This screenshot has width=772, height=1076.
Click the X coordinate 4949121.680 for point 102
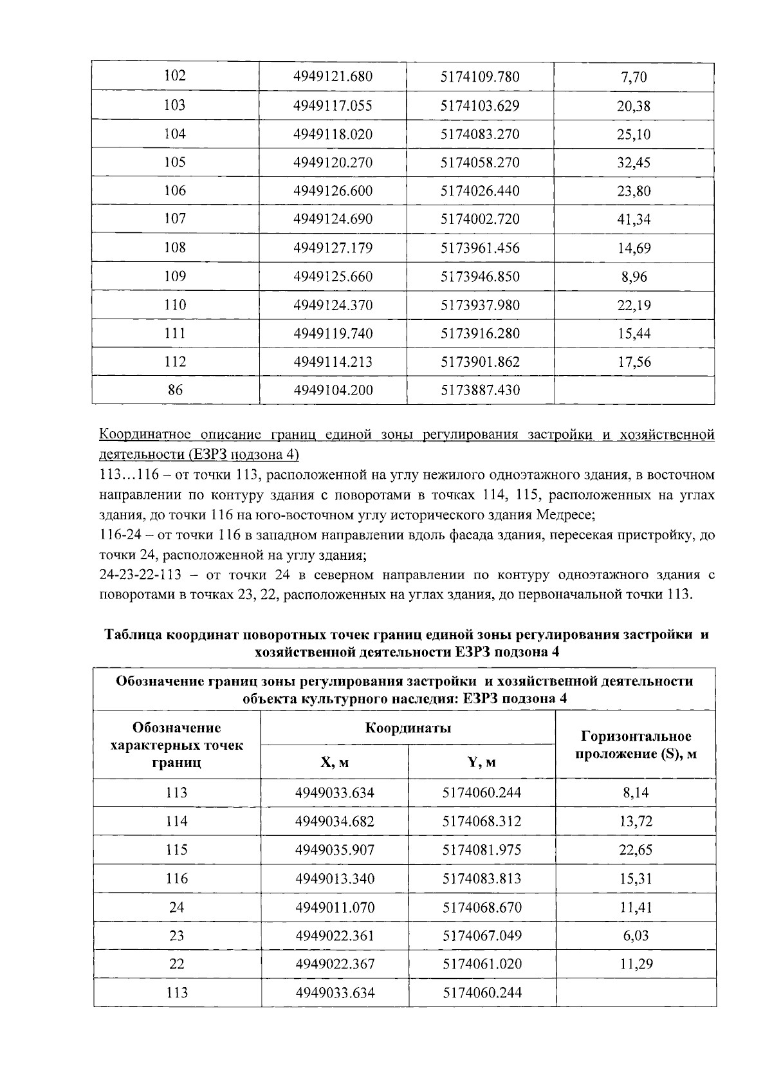tap(333, 77)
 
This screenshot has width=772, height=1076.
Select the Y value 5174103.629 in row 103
tap(480, 106)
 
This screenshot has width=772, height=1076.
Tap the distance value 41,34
tap(634, 219)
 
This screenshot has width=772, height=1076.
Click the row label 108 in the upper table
tap(175, 248)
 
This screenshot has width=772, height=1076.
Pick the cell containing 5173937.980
tap(480, 305)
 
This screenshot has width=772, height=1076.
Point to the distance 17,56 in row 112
tap(634, 362)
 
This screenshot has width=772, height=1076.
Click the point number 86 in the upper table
tap(175, 390)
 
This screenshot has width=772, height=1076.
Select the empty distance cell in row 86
tap(634, 390)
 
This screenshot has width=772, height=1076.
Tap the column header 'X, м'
tap(335, 763)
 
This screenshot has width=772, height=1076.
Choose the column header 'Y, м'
tap(481, 763)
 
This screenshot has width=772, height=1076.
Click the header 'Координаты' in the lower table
tap(408, 728)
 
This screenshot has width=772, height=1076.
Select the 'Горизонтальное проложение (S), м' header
tap(636, 745)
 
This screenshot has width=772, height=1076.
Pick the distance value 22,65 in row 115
tap(636, 850)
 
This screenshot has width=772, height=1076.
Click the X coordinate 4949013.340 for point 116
tap(335, 878)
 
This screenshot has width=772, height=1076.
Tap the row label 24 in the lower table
tap(176, 907)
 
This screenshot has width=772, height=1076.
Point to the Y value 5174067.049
tap(482, 935)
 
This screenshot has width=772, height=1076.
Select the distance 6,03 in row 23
tap(636, 935)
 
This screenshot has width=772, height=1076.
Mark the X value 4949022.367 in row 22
tap(335, 964)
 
